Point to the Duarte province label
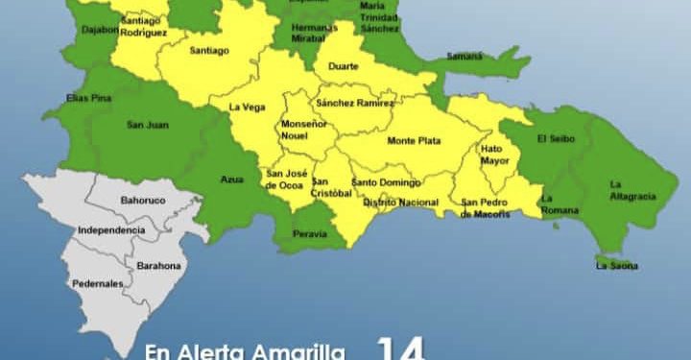pos(343,66)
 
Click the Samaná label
pos(465,57)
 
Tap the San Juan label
pos(142,125)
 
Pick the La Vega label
pos(247,108)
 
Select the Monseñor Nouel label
pos(303,130)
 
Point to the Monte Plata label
pos(414,141)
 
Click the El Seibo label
pos(555,138)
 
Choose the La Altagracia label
pos(631,190)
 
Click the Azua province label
pos(230,180)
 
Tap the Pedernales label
pos(97,284)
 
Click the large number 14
pos(401,348)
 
